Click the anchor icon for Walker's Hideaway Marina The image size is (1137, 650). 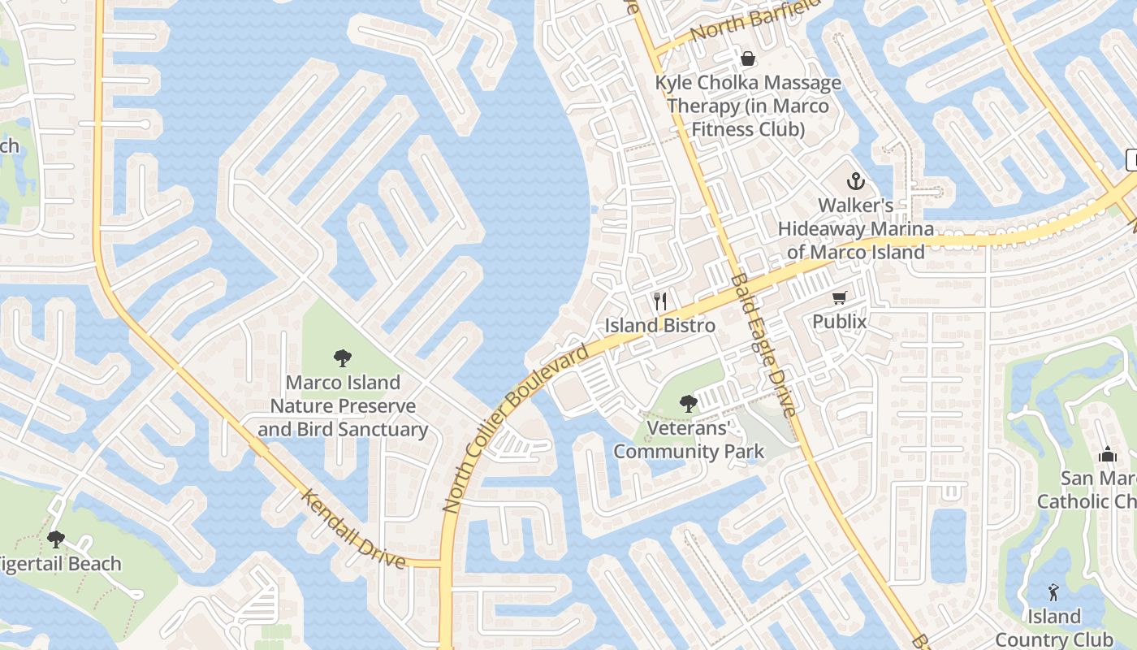pos(855,180)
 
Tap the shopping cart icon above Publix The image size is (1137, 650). pos(839,298)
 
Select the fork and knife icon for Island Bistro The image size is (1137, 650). pos(660,301)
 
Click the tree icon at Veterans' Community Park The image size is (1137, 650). pos(689,403)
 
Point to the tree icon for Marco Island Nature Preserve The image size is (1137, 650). pos(343,357)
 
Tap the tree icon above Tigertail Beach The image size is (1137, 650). pos(56,539)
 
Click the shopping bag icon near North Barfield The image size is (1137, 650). pos(747,58)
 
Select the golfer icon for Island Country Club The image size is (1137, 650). pos(1053,591)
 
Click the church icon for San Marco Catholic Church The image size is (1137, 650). pos(1107,454)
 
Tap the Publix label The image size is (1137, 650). pos(840,322)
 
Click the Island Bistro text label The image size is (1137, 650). pos(660,326)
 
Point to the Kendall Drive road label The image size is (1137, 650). pos(353,529)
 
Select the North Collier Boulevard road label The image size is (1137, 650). pos(515,431)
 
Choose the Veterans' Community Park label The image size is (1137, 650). pos(689,440)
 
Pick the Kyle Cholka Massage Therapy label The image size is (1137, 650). pos(748,106)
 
